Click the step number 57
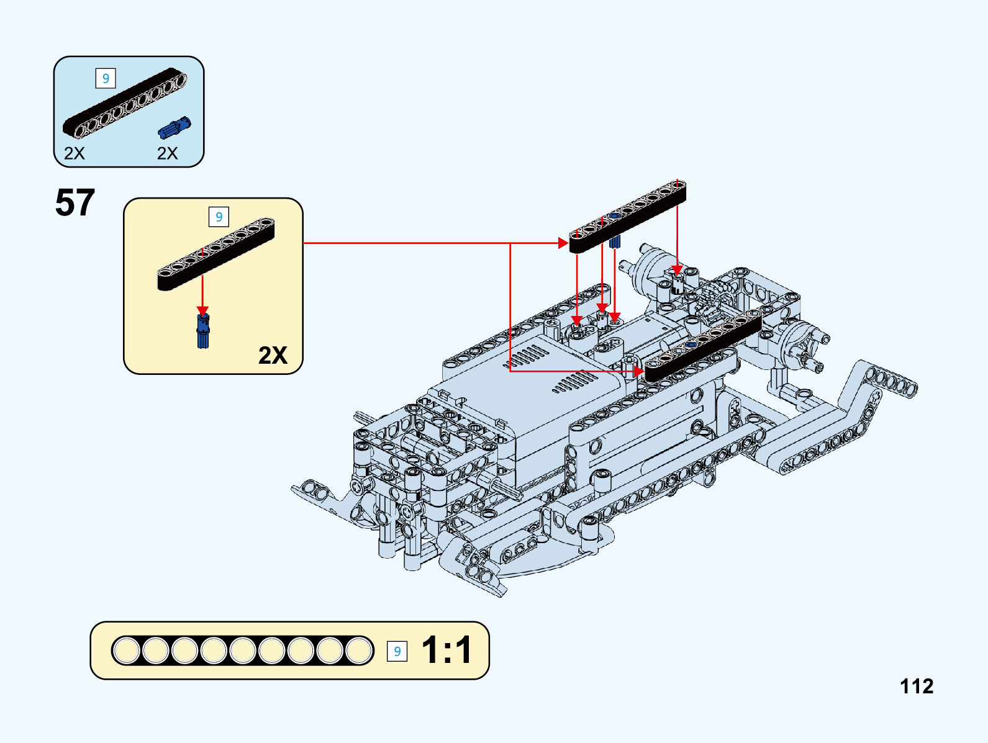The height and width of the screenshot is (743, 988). click(75, 203)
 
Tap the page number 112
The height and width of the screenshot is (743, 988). click(917, 686)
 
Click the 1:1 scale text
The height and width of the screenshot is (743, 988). click(446, 651)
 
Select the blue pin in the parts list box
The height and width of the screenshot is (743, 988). click(174, 127)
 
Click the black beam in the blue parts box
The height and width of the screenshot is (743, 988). click(124, 103)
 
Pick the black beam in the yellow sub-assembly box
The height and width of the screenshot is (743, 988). click(215, 254)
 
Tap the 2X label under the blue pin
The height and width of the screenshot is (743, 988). click(167, 153)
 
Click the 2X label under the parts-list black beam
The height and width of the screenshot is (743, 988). click(75, 153)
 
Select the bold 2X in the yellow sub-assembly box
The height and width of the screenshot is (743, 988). click(273, 355)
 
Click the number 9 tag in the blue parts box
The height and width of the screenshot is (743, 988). click(106, 78)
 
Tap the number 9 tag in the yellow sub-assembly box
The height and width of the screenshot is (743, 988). click(219, 217)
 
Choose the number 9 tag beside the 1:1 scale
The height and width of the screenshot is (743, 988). click(397, 651)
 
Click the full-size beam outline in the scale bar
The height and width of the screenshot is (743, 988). click(242, 651)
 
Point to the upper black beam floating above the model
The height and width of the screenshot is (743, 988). click(627, 217)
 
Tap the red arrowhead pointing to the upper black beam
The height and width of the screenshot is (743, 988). click(564, 243)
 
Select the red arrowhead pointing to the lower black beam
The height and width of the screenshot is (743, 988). click(639, 371)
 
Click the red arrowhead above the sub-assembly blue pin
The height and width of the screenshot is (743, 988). click(202, 310)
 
